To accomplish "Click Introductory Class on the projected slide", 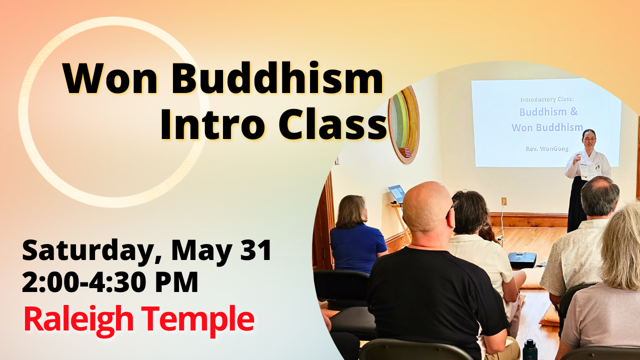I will pos(548,99).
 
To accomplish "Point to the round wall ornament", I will pos(404,124).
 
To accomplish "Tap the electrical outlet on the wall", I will pos(504,201).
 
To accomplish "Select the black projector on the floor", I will pos(522,259).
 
